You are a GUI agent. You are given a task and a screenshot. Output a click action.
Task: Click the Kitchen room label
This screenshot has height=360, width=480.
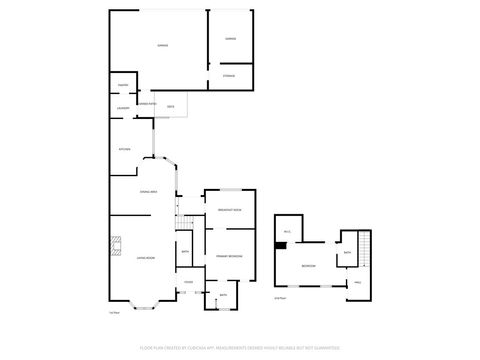tap(125, 150)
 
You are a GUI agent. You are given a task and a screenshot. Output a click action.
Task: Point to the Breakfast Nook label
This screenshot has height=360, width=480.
tap(230, 210)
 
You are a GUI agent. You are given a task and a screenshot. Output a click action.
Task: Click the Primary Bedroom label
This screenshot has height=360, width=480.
tap(229, 257)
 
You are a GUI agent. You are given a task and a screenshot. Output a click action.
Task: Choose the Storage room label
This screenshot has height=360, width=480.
tap(229, 76)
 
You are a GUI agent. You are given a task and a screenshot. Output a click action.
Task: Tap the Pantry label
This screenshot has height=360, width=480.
tap(122, 86)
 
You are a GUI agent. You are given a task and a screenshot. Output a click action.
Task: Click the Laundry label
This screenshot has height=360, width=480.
tap(122, 108)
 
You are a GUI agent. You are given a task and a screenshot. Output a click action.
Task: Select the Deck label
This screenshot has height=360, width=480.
tap(171, 106)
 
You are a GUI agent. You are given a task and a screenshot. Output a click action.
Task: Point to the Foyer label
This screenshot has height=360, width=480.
tap(188, 283)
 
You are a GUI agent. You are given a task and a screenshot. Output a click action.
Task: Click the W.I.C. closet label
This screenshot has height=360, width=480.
tap(287, 233)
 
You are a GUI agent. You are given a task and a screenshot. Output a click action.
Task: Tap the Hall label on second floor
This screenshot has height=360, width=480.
tap(357, 283)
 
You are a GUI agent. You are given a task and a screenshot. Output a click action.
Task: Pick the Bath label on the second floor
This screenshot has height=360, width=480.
tap(346, 253)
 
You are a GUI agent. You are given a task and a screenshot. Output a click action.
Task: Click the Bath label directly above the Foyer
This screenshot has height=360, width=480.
tap(187, 252)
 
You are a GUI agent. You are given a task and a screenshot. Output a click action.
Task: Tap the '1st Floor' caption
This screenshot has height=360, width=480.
tap(113, 313)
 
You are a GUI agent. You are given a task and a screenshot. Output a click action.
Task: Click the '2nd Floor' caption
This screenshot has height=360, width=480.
tap(279, 298)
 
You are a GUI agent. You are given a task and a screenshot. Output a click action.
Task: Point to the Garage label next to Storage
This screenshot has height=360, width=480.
tap(230, 39)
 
